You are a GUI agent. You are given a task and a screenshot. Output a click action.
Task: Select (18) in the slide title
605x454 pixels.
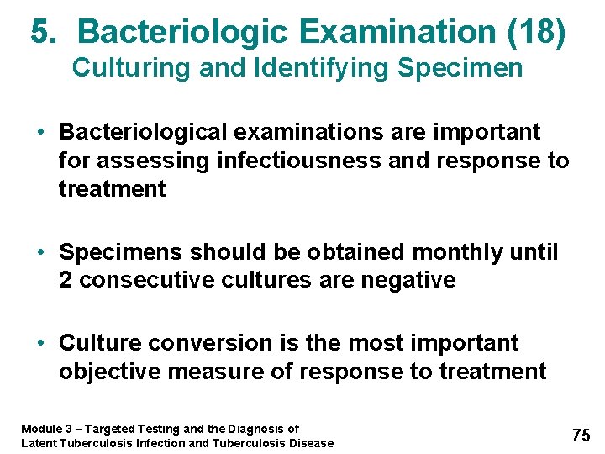click(538, 33)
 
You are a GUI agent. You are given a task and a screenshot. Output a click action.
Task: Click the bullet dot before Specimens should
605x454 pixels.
click(40, 252)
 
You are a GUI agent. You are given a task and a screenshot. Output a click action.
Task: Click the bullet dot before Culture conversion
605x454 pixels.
click(40, 343)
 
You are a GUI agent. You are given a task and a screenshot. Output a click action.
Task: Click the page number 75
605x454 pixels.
click(581, 435)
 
